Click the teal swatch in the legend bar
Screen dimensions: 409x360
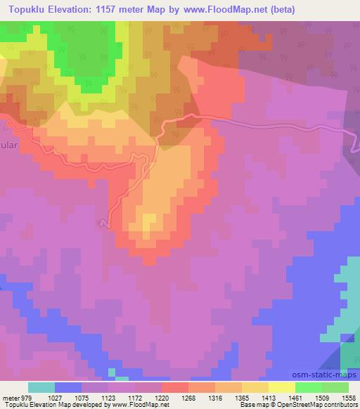point(41,387)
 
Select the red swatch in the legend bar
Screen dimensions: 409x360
point(175,387)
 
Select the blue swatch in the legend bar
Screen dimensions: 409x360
point(68,387)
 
